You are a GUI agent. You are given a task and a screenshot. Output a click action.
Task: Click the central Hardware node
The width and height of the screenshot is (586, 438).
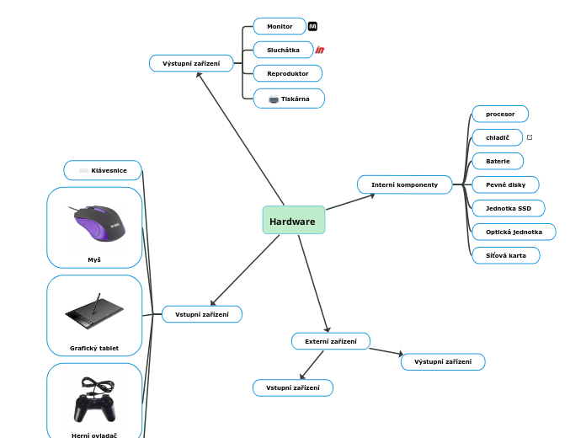tap(293, 221)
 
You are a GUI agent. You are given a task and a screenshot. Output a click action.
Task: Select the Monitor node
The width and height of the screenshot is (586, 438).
tap(280, 26)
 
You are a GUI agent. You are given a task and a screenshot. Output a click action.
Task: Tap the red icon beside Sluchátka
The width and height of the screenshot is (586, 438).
tap(320, 50)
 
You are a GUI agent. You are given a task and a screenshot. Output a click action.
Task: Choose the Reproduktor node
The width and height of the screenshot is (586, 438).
tap(287, 74)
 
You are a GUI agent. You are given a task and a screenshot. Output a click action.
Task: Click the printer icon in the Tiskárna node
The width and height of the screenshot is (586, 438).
tap(274, 99)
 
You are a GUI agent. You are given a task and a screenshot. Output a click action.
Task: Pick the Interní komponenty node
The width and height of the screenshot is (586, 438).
tap(404, 184)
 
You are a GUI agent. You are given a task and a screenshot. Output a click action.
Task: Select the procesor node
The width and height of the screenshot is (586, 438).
tap(500, 114)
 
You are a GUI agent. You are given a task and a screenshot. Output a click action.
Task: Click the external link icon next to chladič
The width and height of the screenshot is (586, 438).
tap(530, 137)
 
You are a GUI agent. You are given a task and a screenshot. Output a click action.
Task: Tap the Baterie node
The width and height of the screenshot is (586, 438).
tap(498, 161)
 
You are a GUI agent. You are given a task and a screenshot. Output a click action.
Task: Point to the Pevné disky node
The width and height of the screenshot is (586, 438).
tap(505, 184)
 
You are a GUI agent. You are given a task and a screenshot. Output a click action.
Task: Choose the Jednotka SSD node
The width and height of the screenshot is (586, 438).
tap(509, 208)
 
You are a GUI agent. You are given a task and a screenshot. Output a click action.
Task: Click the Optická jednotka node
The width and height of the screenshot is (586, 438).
tap(514, 232)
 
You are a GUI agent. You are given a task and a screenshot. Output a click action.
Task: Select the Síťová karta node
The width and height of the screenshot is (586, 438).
tap(505, 255)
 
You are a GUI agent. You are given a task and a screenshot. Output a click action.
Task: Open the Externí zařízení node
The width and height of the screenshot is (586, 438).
tap(330, 341)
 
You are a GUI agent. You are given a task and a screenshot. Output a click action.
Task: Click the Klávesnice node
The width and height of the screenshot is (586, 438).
tap(103, 170)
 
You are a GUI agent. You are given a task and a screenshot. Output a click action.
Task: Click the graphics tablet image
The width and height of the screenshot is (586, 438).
tap(94, 312)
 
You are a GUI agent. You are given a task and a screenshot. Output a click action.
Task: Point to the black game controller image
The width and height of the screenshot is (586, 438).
tap(94, 400)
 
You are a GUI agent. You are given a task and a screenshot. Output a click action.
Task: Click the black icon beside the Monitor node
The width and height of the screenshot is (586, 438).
tap(312, 26)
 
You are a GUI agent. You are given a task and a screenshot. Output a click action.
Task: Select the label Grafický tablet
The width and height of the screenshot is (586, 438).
tap(94, 348)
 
